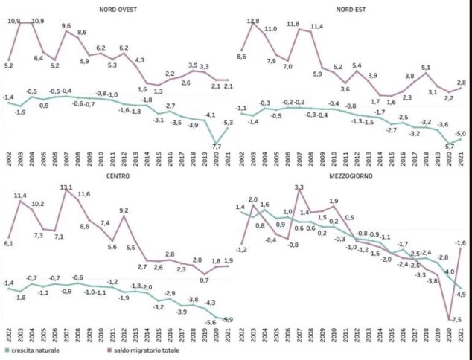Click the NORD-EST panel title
[349, 10]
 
